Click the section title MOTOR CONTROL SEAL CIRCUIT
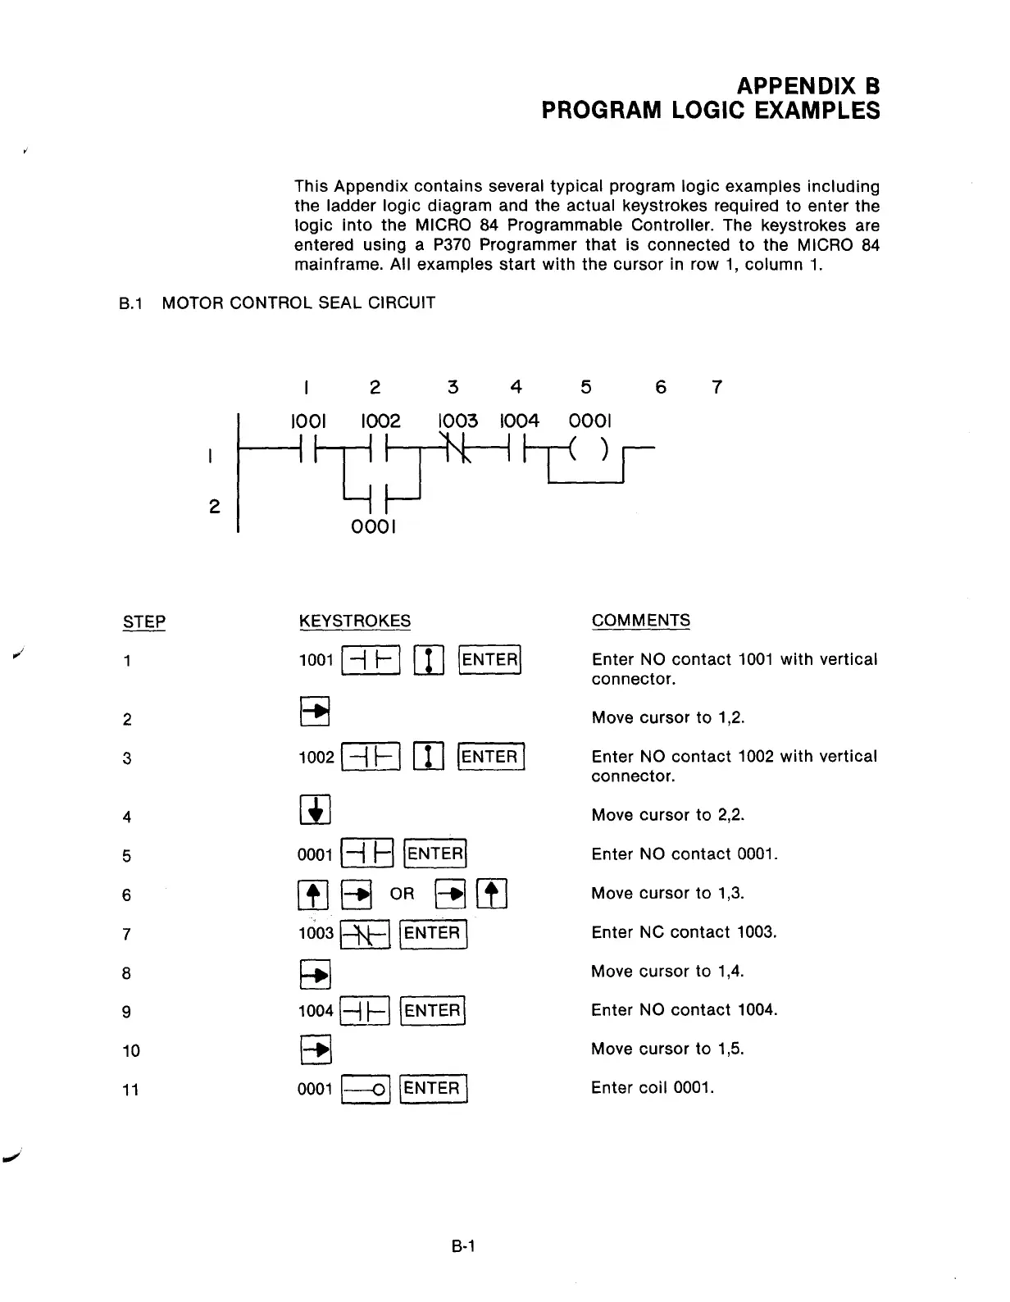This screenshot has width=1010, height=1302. coord(298,303)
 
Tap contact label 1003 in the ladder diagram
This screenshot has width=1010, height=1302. coord(457,421)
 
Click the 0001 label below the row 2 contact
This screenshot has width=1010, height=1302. coord(373,526)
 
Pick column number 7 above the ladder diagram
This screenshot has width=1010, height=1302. coord(717,387)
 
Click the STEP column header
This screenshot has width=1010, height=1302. coord(144,622)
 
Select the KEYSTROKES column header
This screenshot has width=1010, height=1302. coord(355,621)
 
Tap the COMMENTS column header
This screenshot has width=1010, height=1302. coord(641,621)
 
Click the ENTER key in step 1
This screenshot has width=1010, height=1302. coord(490,660)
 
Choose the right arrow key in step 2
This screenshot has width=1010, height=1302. coord(315,712)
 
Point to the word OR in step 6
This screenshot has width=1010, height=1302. coord(403,894)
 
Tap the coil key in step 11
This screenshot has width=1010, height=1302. coord(366,1090)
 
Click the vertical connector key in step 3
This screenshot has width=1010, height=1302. coord(430,757)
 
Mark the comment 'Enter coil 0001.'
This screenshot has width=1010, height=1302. coord(653,1088)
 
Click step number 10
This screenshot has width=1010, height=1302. coord(131,1051)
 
